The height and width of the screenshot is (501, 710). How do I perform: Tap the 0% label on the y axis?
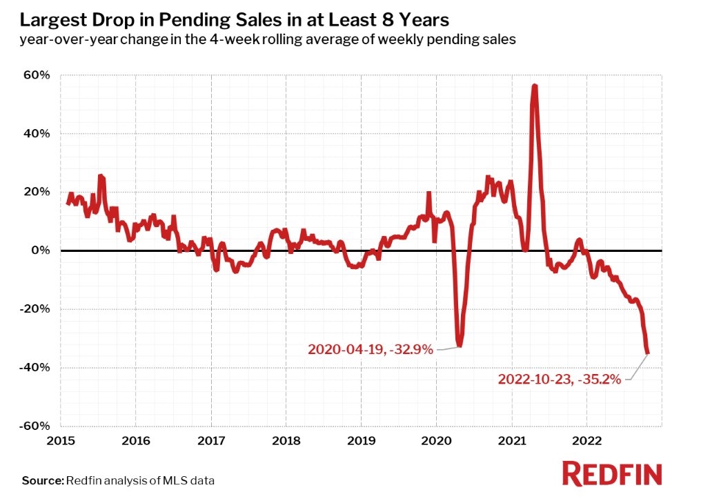coord(41,250)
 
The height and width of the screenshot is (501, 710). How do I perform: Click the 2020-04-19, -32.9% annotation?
coord(371,350)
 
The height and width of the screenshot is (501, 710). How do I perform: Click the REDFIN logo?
coord(613,474)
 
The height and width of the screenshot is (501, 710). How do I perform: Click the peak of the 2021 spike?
coord(535,86)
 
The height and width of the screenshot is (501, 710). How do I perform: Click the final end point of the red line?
coord(647,353)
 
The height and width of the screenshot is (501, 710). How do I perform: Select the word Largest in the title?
coord(50,19)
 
